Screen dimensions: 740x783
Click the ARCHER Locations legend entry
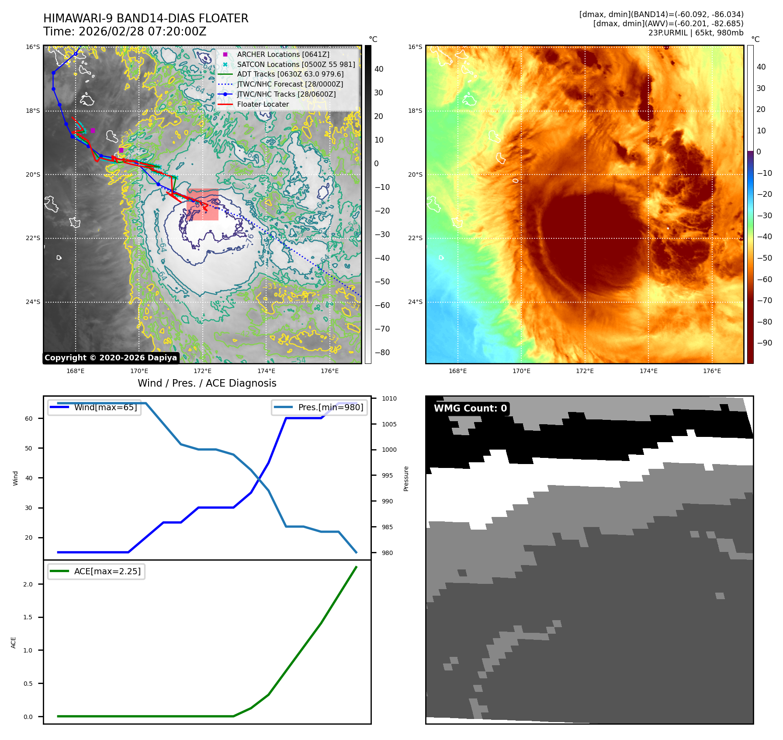pyautogui.click(x=283, y=54)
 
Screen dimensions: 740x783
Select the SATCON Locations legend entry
pyautogui.click(x=296, y=64)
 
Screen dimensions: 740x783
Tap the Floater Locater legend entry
pyautogui.click(x=263, y=104)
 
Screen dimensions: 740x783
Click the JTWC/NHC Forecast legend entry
pyautogui.click(x=290, y=84)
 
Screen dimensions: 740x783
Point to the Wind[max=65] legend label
pyautogui.click(x=105, y=407)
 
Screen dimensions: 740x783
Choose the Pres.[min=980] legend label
pyautogui.click(x=330, y=407)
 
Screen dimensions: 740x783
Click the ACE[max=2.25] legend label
pyautogui.click(x=107, y=571)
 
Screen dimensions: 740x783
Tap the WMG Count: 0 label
pyautogui.click(x=470, y=408)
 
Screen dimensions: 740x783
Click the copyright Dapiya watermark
pyautogui.click(x=111, y=358)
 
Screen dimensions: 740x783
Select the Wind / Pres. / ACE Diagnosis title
pyautogui.click(x=207, y=383)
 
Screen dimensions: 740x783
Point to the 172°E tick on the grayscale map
pyautogui.click(x=203, y=371)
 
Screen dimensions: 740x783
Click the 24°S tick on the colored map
pyautogui.click(x=415, y=302)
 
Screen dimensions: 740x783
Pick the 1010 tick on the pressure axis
pyautogui.click(x=389, y=398)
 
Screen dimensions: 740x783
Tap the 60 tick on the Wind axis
pyautogui.click(x=29, y=419)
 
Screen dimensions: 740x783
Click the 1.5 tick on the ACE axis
pyautogui.click(x=28, y=617)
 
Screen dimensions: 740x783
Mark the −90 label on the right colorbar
pyautogui.click(x=764, y=343)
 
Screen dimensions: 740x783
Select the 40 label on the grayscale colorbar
pyautogui.click(x=379, y=69)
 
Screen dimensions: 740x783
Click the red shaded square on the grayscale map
pyautogui.click(x=202, y=204)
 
